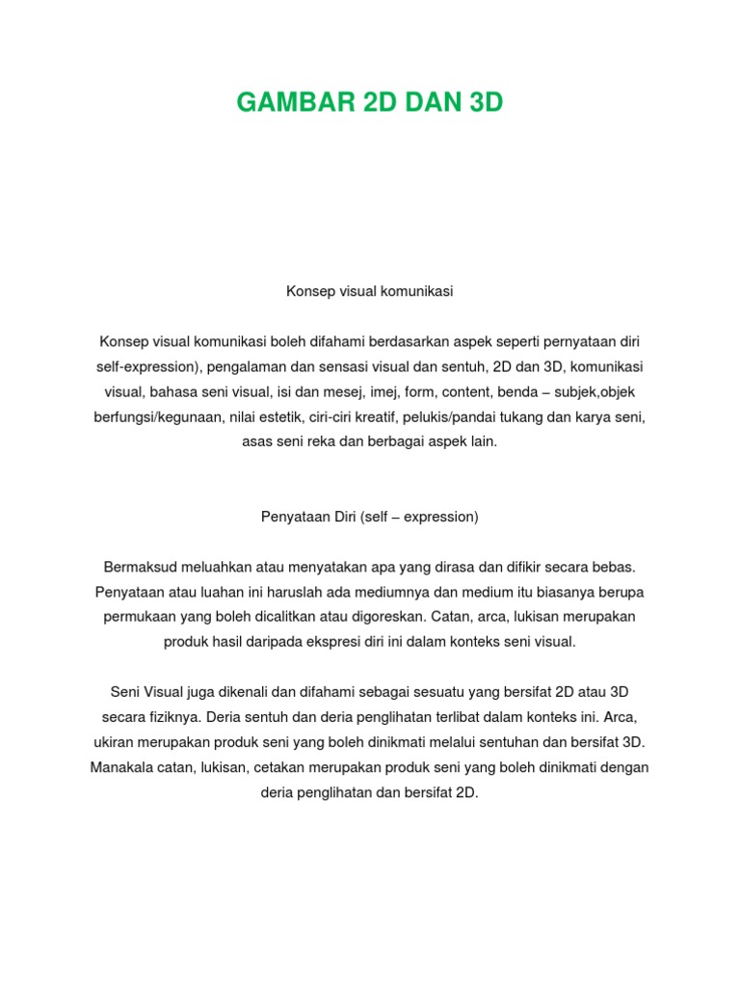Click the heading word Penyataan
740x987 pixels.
click(x=291, y=517)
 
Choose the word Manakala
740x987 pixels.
click(x=123, y=767)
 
